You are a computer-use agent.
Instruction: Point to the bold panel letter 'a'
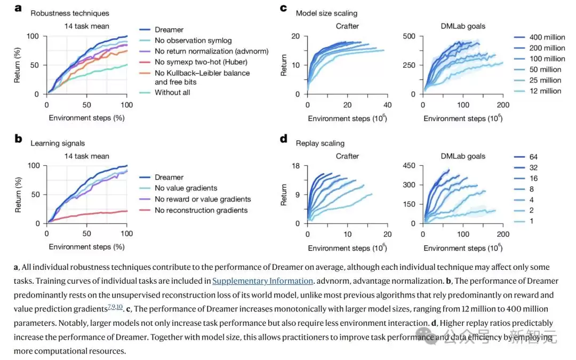[18, 8]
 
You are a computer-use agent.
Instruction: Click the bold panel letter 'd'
[284, 139]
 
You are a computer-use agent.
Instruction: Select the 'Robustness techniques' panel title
[70, 13]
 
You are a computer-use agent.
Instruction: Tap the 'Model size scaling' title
[326, 13]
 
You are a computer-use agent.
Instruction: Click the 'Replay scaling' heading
[320, 143]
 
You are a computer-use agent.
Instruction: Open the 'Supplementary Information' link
[262, 281]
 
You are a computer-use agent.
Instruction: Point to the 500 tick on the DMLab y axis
[409, 36]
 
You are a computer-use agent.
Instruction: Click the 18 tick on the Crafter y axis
[295, 166]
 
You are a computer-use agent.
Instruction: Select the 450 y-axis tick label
[409, 166]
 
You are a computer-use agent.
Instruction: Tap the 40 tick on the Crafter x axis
[388, 105]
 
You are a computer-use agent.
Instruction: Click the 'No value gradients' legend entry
[186, 188]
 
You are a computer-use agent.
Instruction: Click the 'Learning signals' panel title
[58, 143]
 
